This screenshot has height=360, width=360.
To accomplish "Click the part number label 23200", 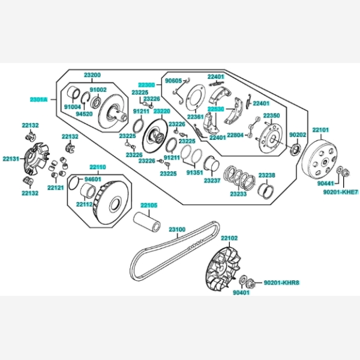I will click(x=92, y=74).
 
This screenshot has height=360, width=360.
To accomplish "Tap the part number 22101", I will click(x=321, y=130).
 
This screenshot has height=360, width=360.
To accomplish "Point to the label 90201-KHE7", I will click(x=340, y=192).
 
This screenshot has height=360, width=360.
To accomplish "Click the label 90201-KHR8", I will click(x=281, y=282).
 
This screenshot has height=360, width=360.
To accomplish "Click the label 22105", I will click(x=149, y=206).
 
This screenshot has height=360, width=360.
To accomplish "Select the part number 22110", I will click(x=98, y=167).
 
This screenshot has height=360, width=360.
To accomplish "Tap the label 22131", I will click(x=11, y=159).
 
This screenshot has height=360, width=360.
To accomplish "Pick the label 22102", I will click(x=229, y=238).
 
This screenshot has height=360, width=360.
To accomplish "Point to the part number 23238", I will click(x=267, y=175).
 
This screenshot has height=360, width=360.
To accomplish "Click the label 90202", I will click(x=298, y=135).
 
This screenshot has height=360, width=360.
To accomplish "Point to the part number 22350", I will click(x=271, y=115).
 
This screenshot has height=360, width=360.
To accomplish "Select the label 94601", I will click(x=92, y=179).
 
